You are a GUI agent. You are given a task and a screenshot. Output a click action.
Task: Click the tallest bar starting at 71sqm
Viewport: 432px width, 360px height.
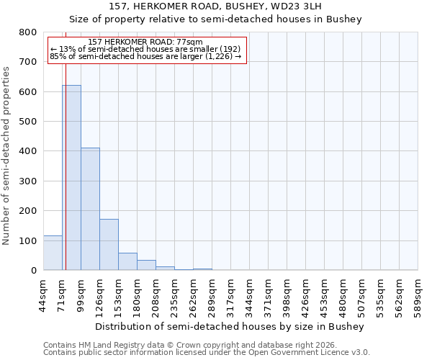(x=71, y=178)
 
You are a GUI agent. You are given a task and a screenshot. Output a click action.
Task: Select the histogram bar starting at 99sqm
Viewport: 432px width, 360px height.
(x=90, y=209)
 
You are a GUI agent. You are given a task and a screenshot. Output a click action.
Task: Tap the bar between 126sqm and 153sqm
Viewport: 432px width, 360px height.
(x=109, y=245)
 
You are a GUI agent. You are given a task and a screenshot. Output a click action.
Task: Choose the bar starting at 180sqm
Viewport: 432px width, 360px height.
(x=146, y=265)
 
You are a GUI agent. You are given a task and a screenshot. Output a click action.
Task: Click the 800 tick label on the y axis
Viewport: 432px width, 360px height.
(x=27, y=32)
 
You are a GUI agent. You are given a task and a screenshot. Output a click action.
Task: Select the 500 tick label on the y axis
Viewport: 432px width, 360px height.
(x=27, y=122)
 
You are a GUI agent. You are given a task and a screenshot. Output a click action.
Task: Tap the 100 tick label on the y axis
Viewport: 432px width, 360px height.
(x=27, y=240)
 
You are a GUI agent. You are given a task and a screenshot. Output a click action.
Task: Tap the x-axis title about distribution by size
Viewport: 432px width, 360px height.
(x=230, y=326)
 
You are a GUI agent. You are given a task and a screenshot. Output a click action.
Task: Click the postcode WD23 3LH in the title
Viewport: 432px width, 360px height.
(x=305, y=6)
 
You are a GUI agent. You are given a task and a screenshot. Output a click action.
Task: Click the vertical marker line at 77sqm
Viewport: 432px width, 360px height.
(x=66, y=144)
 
